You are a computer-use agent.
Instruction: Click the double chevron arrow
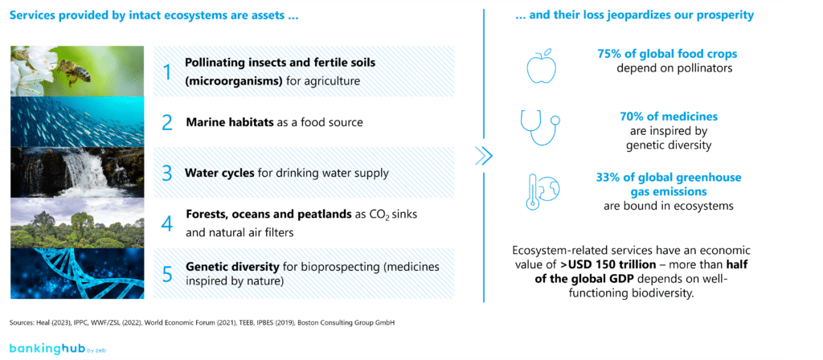pyautogui.click(x=483, y=157)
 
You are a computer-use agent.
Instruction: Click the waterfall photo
pyautogui.click(x=78, y=172)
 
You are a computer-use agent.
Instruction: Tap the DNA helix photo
pyautogui.click(x=78, y=273)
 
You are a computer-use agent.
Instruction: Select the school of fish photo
pyautogui.click(x=78, y=122)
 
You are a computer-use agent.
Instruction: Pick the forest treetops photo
pyautogui.click(x=78, y=223)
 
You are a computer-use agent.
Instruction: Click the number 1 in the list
pyautogui.click(x=167, y=72)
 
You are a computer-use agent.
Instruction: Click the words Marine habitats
pyautogui.click(x=223, y=123)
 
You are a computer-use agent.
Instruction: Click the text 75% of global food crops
pyautogui.click(x=666, y=55)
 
